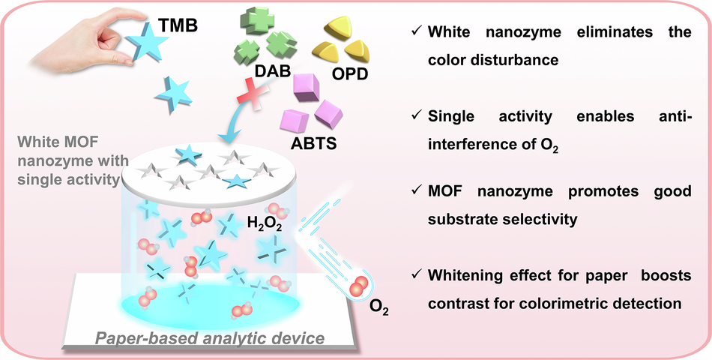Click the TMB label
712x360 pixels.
coord(178,26)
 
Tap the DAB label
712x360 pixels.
coord(272,71)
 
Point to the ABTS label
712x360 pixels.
coord(313,144)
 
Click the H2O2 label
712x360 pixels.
coord(265,224)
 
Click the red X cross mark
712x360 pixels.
coord(253,94)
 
